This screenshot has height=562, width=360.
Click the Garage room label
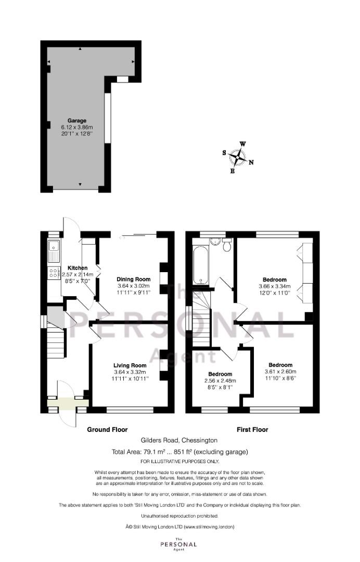point(77,121)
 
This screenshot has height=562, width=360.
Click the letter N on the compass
point(251,162)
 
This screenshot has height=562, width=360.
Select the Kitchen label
point(78,268)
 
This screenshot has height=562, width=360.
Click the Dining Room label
point(134,279)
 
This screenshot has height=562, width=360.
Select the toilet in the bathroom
point(227,245)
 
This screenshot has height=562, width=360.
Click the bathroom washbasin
point(215,241)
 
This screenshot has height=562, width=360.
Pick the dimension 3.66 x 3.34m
point(275,286)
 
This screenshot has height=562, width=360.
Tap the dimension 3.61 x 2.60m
point(280,372)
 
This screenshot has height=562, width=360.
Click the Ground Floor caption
point(108,429)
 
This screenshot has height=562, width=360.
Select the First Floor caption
point(252,429)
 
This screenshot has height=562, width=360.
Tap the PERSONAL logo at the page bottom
point(178,544)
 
